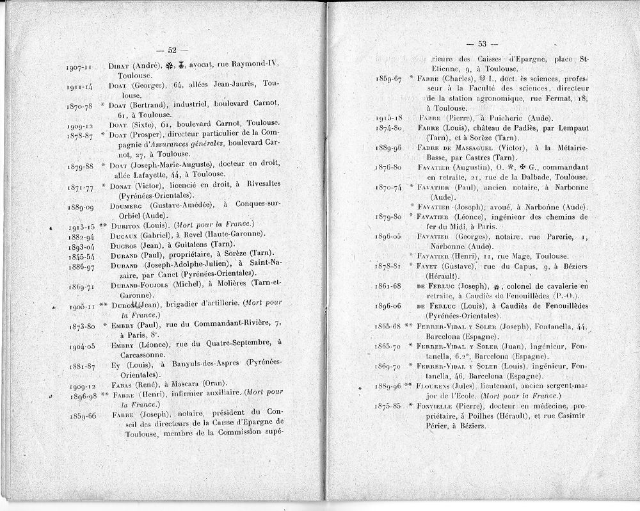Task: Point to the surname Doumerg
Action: click(127, 206)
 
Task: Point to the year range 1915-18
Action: click(388, 118)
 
